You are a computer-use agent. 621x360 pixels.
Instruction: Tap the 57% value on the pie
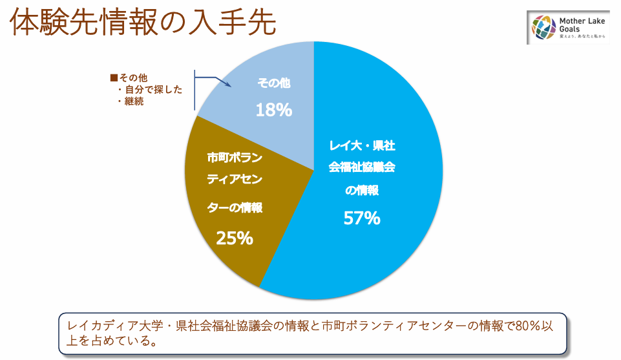tap(362, 218)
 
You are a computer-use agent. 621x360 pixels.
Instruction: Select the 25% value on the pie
tap(235, 238)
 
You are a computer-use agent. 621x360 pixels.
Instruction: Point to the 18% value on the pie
tap(274, 110)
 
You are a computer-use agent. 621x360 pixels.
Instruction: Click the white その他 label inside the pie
tap(274, 83)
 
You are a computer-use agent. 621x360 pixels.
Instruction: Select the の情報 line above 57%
tap(362, 191)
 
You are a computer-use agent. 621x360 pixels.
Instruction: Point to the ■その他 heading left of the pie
tap(129, 78)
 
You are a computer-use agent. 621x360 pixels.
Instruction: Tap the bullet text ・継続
tap(131, 101)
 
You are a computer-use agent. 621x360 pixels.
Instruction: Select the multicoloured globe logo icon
tap(544, 28)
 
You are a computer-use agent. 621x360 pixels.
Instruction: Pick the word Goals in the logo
tap(567, 30)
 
